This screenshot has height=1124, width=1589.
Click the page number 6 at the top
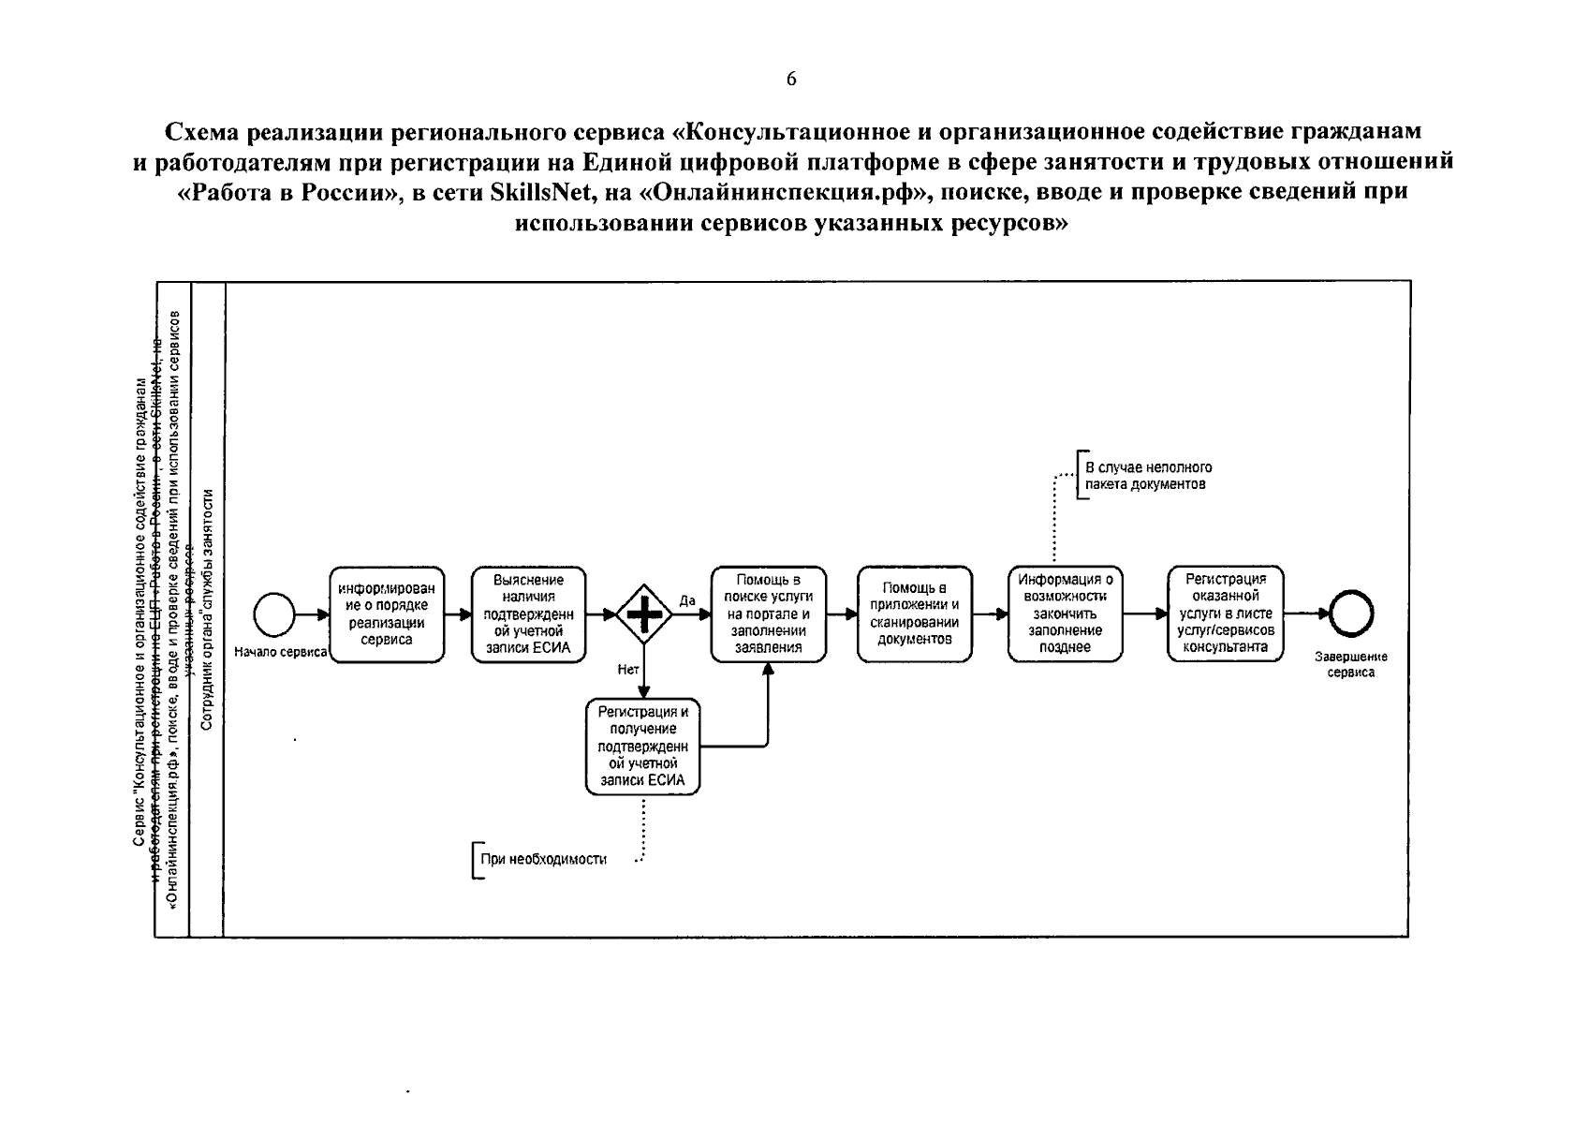tap(791, 80)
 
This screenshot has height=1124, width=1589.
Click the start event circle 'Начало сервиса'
tap(274, 615)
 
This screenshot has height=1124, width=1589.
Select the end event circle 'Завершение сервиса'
tap(1351, 615)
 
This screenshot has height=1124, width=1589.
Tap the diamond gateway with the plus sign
tap(644, 614)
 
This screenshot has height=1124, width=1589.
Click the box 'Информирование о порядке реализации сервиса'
tap(387, 614)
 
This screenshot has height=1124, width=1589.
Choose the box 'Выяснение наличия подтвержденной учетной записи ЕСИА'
tap(529, 614)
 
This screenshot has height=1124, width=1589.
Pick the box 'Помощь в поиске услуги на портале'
tap(768, 614)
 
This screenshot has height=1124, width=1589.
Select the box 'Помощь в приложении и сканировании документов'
tap(915, 614)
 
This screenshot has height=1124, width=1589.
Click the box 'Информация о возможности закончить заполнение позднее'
tap(1066, 614)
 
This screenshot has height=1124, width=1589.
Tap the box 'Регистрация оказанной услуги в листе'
tap(1225, 614)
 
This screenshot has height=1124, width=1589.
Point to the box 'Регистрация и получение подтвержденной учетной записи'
tap(642, 747)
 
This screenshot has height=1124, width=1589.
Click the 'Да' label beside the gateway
tap(687, 600)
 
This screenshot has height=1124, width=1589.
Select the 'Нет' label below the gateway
tap(628, 669)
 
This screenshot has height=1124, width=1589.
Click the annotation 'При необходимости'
tap(543, 860)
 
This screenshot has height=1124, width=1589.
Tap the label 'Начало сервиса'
tap(280, 652)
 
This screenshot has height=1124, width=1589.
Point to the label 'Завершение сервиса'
tap(1350, 664)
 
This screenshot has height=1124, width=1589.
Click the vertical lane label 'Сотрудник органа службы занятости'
tap(207, 609)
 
